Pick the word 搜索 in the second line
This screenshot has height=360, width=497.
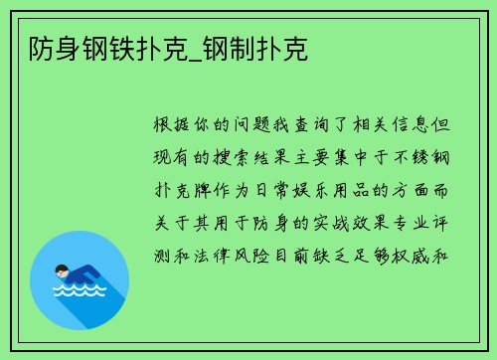click(242, 159)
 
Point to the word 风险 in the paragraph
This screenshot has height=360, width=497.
click(264, 254)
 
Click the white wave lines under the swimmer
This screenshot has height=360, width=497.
click(80, 290)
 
